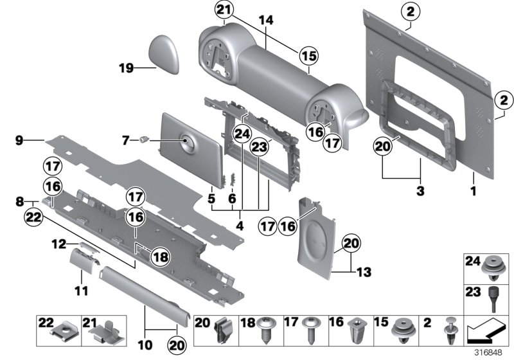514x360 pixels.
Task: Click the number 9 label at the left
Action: click(19, 139)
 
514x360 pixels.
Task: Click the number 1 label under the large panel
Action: click(474, 191)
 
